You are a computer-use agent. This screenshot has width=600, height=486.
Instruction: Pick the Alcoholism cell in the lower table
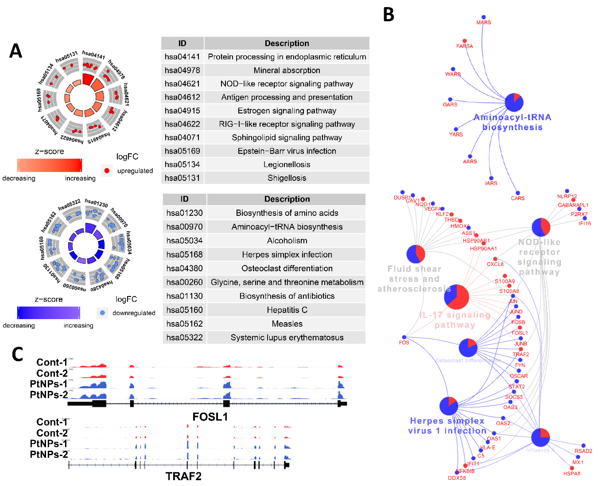tap(287, 241)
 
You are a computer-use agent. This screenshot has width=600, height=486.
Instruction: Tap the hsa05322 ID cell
tap(184, 337)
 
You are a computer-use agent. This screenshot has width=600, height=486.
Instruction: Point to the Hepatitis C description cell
tap(287, 310)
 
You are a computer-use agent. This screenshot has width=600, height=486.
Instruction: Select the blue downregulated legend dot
tap(102, 313)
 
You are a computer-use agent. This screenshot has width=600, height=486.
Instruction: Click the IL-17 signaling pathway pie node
tap(456, 297)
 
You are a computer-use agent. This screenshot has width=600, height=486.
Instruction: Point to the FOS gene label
tap(404, 342)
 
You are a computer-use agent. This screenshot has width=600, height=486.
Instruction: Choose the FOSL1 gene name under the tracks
tap(210, 417)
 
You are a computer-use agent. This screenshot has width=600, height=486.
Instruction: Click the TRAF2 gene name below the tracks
tap(184, 476)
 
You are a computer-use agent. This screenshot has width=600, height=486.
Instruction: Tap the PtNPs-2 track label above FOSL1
tap(49, 395)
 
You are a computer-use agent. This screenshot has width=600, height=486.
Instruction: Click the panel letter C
tap(17, 354)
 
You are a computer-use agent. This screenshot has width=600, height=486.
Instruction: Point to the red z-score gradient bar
tap(49, 165)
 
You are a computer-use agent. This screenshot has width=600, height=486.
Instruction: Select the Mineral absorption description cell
tap(287, 70)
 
